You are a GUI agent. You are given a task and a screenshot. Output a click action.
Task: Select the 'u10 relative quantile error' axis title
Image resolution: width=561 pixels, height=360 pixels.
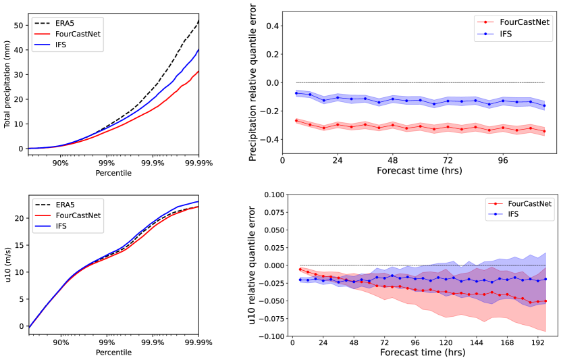pyautogui.click(x=252, y=265)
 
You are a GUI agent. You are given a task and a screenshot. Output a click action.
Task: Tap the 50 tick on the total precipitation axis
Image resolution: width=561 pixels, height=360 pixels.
pyautogui.click(x=19, y=25)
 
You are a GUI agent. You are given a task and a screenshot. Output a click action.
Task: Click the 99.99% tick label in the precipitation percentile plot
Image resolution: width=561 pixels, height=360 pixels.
pyautogui.click(x=198, y=163)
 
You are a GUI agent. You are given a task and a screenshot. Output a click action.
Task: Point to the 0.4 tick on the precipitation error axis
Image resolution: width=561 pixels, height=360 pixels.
pyautogui.click(x=272, y=26)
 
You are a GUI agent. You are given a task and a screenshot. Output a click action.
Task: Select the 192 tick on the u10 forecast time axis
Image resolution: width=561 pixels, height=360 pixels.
pyautogui.click(x=538, y=343)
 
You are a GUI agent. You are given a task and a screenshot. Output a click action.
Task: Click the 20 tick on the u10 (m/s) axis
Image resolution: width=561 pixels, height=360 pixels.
pyautogui.click(x=19, y=218)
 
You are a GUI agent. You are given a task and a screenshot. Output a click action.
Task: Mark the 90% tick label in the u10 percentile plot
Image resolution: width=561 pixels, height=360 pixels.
pyautogui.click(x=61, y=342)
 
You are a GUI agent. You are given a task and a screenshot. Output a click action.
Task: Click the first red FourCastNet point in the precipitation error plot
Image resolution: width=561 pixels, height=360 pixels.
pyautogui.click(x=296, y=120)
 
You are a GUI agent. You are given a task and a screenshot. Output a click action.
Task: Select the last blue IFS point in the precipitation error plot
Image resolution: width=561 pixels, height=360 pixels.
pyautogui.click(x=544, y=105)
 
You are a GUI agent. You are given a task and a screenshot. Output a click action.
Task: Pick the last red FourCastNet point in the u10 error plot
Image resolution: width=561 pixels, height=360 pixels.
pyautogui.click(x=544, y=301)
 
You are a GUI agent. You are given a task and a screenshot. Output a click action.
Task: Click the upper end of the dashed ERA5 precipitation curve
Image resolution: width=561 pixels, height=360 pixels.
pyautogui.click(x=198, y=21)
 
